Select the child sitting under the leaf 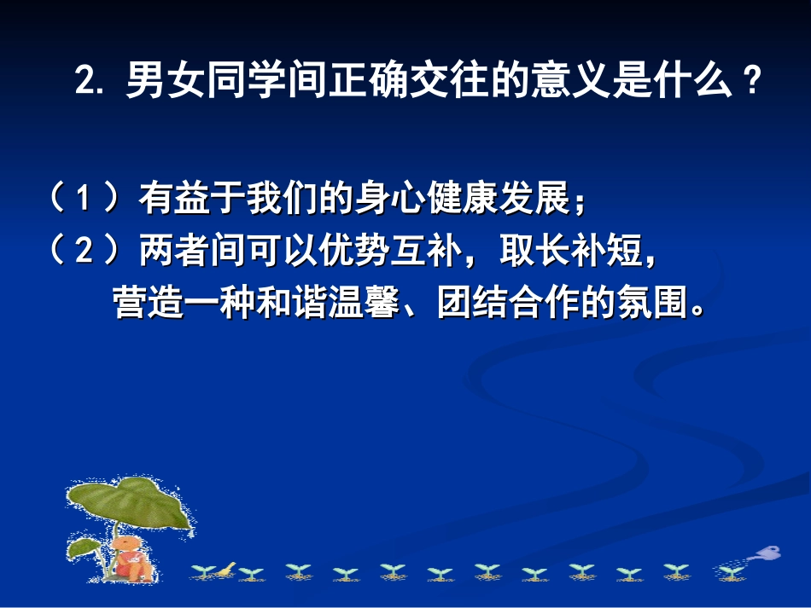128,554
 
